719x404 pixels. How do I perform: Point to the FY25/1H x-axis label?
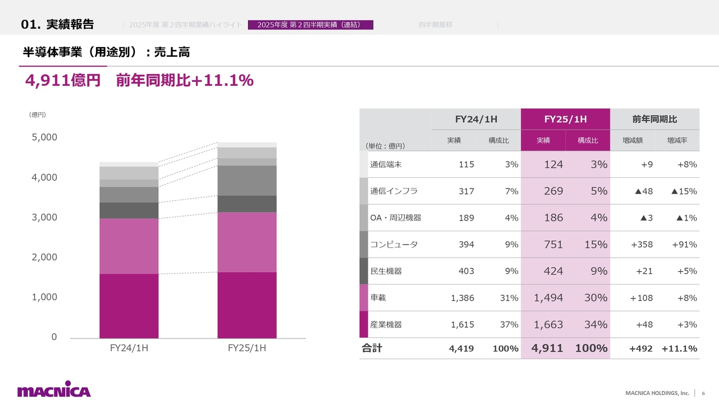click(x=247, y=348)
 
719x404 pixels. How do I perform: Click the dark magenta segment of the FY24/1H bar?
click(x=129, y=306)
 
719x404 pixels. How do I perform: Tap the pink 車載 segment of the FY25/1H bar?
click(x=247, y=242)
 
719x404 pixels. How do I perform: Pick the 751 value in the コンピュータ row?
click(x=553, y=245)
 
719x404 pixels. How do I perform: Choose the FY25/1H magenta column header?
click(x=565, y=119)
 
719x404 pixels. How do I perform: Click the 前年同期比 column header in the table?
click(x=654, y=119)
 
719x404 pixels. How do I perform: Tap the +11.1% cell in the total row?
click(x=679, y=348)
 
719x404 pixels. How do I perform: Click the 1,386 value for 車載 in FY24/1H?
click(x=462, y=298)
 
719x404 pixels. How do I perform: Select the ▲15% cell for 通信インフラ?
click(x=684, y=191)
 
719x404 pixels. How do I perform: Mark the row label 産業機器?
click(x=386, y=325)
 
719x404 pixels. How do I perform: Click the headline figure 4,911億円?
click(x=63, y=81)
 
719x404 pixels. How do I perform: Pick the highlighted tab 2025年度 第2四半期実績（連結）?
click(x=311, y=25)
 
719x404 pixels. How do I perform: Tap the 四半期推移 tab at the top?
click(x=435, y=25)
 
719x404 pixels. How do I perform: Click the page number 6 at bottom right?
click(x=703, y=393)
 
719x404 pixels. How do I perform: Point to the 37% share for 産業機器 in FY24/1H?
click(x=509, y=325)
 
